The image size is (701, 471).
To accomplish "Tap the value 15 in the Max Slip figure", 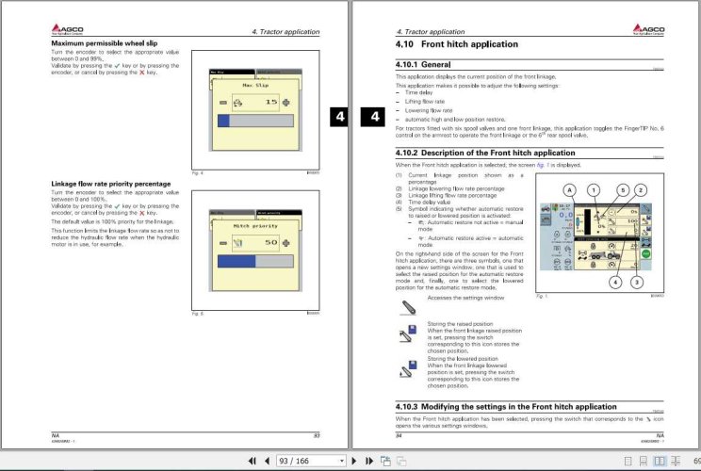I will click(269, 101).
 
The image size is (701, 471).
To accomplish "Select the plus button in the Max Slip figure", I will click(286, 101).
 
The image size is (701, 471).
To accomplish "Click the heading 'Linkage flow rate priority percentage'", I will click(110, 184).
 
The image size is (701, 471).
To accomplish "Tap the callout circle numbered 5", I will click(623, 189).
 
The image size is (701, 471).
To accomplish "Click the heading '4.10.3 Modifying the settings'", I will click(493, 407).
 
